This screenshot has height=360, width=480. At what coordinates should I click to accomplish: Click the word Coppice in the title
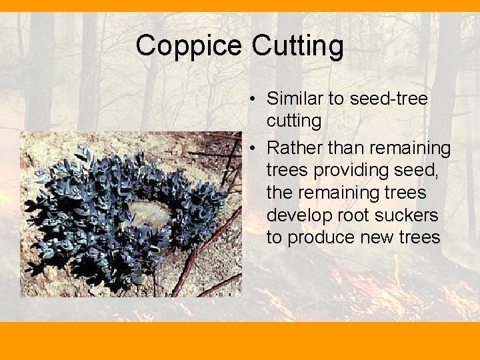click(x=190, y=46)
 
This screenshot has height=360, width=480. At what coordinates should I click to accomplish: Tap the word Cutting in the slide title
click(x=298, y=46)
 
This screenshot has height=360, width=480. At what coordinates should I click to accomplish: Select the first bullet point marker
click(x=254, y=99)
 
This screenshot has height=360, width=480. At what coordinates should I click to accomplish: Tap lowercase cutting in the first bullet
click(x=294, y=121)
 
